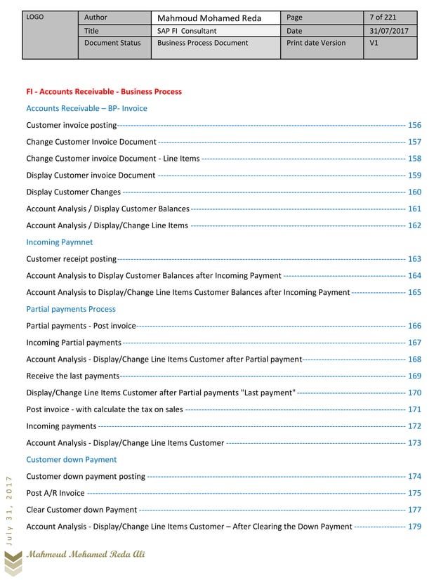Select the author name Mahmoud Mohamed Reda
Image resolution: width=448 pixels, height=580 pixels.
(209, 18)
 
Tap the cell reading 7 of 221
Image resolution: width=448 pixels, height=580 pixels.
(383, 18)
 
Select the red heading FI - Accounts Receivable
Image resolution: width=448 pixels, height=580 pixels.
(104, 91)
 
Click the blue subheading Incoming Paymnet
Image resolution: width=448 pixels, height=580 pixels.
(59, 242)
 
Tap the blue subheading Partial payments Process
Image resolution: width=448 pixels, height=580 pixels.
(71, 309)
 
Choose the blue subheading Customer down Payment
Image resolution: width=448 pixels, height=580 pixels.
(72, 459)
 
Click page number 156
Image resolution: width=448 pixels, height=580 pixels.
(414, 125)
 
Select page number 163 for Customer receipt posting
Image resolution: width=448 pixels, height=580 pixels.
(414, 259)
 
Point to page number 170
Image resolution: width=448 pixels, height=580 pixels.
(414, 393)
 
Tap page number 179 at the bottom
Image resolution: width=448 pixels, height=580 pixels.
(414, 527)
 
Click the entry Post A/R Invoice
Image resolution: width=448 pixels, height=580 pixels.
(55, 493)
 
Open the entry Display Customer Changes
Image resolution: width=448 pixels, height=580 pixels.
(74, 192)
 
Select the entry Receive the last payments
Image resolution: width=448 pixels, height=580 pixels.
(72, 376)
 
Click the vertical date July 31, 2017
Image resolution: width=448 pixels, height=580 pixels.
(9, 508)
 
